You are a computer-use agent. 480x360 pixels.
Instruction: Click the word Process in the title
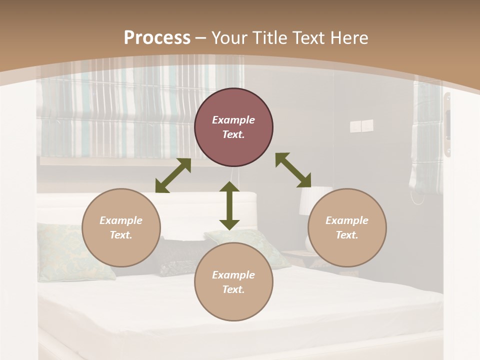click(157, 37)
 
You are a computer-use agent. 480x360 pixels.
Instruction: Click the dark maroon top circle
click(233, 127)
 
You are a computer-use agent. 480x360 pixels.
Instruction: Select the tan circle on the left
click(121, 227)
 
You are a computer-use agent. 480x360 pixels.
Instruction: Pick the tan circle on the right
click(347, 227)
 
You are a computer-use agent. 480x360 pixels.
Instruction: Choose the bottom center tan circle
click(233, 281)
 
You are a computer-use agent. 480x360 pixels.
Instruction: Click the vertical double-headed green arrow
click(229, 205)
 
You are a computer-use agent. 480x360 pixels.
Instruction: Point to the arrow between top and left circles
click(173, 175)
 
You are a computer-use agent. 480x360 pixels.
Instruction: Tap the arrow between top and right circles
click(293, 170)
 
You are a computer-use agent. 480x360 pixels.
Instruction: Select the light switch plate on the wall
click(361, 126)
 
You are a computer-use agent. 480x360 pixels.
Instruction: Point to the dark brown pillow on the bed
click(177, 256)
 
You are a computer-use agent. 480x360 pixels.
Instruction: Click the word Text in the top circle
click(233, 135)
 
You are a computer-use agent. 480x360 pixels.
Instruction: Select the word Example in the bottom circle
click(233, 274)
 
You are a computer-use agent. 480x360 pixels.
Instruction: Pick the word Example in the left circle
click(121, 220)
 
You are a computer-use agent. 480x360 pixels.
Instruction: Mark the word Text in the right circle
click(347, 235)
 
